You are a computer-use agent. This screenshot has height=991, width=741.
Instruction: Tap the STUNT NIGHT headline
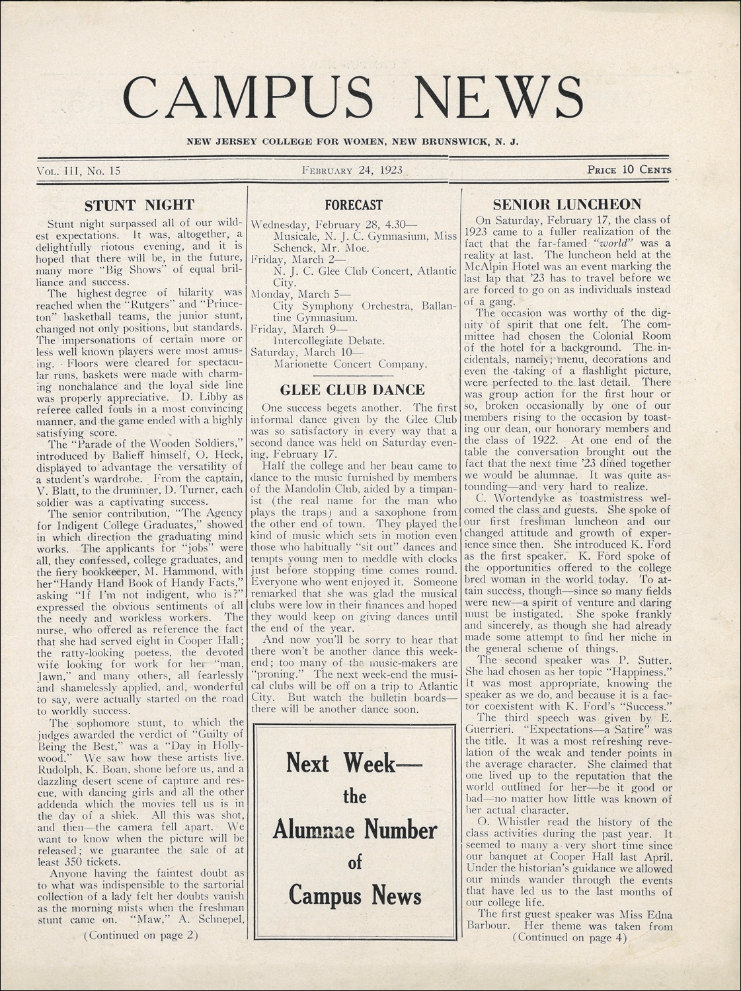pos(139,204)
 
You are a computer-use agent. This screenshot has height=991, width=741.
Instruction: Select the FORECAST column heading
pos(353,205)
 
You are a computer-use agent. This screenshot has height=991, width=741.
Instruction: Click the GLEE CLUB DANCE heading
pos(352,389)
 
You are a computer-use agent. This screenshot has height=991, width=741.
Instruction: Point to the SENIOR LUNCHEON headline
pos(567,204)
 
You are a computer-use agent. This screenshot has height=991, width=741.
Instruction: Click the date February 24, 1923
pos(352,170)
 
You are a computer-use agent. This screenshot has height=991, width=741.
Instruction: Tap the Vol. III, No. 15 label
pos(79,170)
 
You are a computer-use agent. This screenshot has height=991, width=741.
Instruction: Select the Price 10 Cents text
pos(629,170)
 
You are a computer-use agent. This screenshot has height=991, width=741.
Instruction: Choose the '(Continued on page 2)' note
pos(140,935)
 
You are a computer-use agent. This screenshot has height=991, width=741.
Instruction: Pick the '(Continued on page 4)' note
pos(569,937)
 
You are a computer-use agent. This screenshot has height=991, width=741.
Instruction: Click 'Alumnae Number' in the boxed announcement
pos(355,830)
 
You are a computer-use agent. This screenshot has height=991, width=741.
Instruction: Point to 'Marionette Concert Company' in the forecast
pos(350,364)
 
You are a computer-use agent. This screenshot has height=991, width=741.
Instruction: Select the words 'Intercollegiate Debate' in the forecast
pos(329,341)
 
